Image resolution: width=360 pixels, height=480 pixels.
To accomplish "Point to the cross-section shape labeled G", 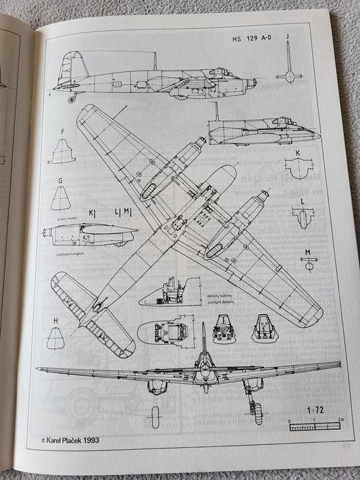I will point(61,198).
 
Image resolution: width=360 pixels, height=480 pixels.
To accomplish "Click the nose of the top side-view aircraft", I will point(251,83).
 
